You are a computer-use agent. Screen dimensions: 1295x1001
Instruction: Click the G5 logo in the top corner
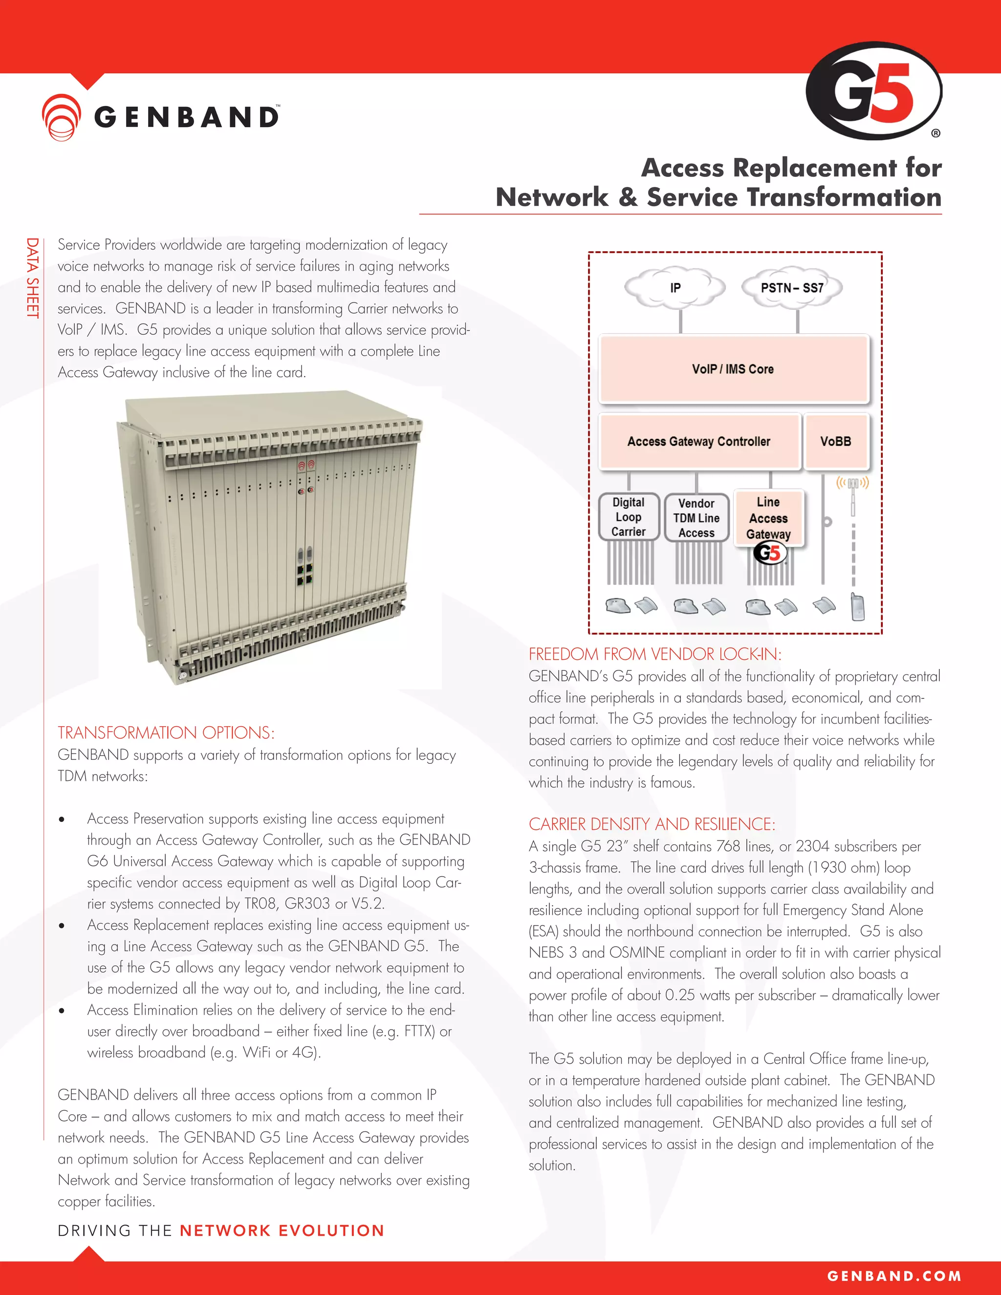pos(873,91)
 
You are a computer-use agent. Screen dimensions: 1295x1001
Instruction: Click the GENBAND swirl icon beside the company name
pos(61,117)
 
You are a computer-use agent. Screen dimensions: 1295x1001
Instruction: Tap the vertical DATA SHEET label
pos(32,278)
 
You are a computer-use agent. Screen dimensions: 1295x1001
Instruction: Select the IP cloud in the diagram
pos(675,287)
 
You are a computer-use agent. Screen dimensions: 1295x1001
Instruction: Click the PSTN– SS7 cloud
pos(792,287)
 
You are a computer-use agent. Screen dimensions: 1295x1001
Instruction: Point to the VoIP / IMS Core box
pos(733,369)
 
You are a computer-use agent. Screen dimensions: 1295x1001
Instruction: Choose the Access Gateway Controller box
pos(699,441)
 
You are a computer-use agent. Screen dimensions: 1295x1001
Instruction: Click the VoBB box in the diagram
pos(835,441)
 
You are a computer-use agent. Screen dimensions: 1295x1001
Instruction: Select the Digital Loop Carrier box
pos(629,517)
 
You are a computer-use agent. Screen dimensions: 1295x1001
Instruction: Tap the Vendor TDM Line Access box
pos(696,518)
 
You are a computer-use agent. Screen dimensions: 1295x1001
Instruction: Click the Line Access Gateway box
pos(768,518)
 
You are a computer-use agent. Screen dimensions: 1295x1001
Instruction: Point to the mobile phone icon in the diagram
pos(857,607)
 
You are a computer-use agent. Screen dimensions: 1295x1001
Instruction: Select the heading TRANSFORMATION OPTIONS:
pos(166,733)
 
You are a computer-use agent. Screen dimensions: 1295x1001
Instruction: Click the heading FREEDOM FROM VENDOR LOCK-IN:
pos(654,654)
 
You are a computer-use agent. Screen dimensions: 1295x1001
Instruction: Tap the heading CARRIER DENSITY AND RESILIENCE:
pos(652,824)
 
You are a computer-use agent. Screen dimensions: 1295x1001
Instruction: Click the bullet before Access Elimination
pos(62,1011)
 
